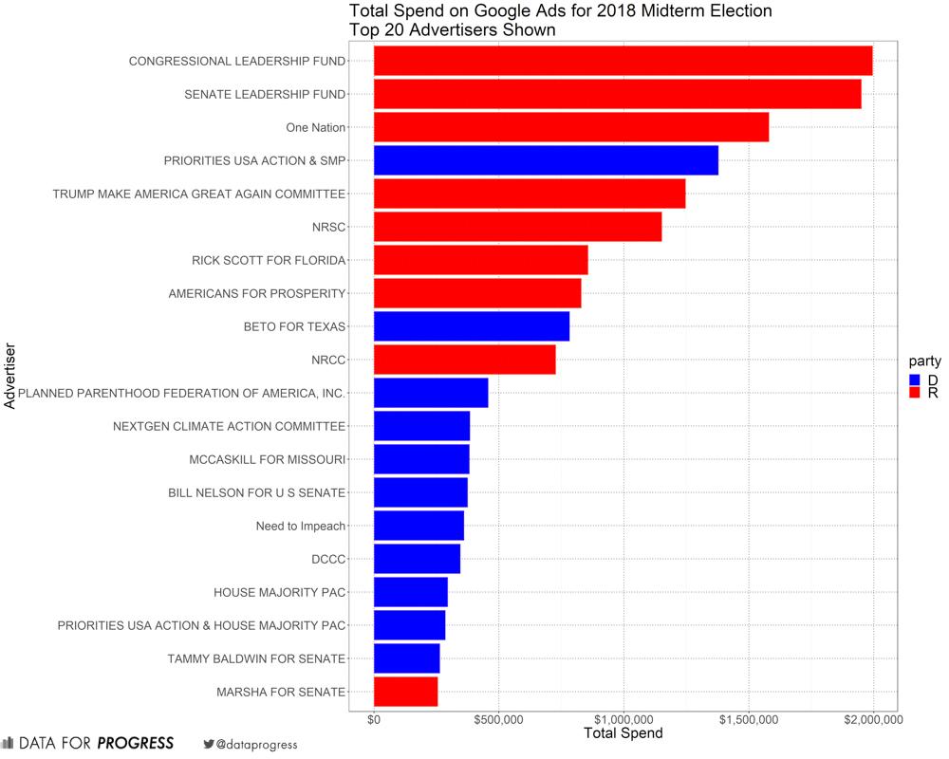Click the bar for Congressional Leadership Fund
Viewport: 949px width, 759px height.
[623, 61]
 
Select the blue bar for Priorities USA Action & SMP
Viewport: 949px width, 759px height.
[546, 160]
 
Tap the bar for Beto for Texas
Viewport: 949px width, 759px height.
[472, 326]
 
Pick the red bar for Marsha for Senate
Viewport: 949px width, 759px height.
[406, 692]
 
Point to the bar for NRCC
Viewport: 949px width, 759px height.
[464, 360]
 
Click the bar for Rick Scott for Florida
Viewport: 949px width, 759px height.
[481, 260]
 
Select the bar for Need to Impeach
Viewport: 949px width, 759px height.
[419, 526]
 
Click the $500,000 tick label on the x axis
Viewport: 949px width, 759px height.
[498, 720]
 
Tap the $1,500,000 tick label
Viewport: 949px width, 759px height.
[749, 720]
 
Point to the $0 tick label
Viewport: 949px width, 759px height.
[374, 720]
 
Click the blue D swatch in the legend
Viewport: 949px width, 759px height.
[915, 379]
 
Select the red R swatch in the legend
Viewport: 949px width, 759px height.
[915, 393]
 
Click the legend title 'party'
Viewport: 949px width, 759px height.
[924, 361]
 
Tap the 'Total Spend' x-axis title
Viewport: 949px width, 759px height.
[623, 733]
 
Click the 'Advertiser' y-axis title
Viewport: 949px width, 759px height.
[10, 376]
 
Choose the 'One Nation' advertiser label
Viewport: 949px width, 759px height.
[315, 128]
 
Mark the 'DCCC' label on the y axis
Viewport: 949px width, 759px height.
[327, 560]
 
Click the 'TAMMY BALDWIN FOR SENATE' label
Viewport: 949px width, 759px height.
[256, 658]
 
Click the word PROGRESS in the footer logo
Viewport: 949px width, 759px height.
[136, 743]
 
